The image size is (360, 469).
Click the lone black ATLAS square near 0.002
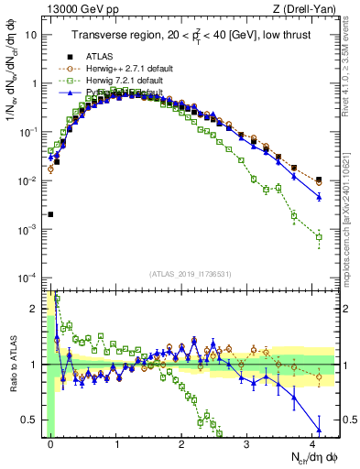tap(51, 214)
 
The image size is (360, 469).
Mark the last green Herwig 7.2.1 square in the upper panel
tap(319, 237)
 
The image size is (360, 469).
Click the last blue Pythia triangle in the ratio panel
tap(319, 431)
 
